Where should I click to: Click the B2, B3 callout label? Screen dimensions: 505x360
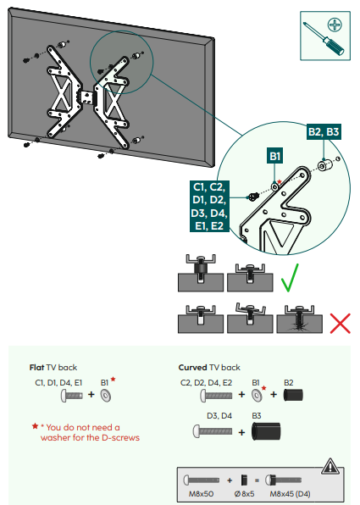pyautogui.click(x=323, y=131)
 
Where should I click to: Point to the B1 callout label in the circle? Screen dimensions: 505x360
pyautogui.click(x=275, y=156)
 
